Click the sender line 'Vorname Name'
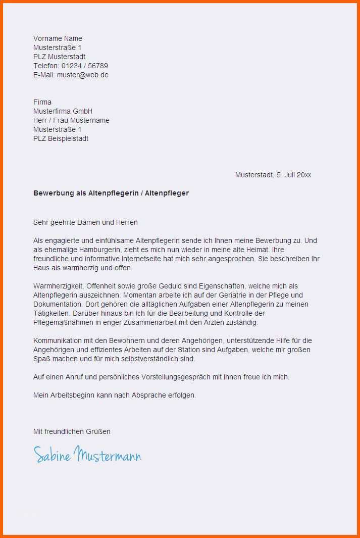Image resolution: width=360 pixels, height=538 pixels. pyautogui.click(x=58, y=38)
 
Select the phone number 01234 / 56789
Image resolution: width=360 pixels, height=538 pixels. pyautogui.click(x=85, y=66)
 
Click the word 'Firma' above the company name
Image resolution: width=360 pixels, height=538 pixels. pyautogui.click(x=42, y=102)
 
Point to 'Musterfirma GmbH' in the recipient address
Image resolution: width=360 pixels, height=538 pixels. pyautogui.click(x=63, y=111)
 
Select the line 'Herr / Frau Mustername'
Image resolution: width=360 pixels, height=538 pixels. pyautogui.click(x=71, y=120)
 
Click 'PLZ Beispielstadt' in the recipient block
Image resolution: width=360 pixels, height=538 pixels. pyautogui.click(x=61, y=138)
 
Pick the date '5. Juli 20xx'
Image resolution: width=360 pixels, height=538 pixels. pyautogui.click(x=294, y=175)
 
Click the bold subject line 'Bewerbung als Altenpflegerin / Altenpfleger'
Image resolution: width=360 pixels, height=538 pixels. pyautogui.click(x=111, y=193)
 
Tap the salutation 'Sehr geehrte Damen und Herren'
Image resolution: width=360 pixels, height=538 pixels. pyautogui.click(x=85, y=222)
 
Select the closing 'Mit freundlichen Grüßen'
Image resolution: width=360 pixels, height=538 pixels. pyautogui.click(x=72, y=431)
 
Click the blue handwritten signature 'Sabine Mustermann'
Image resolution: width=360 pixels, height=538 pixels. pyautogui.click(x=87, y=455)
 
